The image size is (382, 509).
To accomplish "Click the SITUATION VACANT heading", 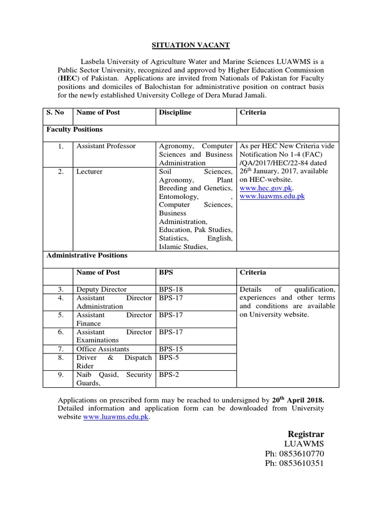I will [x=191, y=45].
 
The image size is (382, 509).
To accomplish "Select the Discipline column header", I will [x=175, y=112].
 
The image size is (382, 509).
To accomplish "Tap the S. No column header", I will [x=55, y=112].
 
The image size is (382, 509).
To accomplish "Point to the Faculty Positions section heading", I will [x=75, y=129].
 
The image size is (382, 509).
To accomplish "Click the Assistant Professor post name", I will [x=105, y=146].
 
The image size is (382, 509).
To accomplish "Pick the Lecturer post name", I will [x=89, y=171].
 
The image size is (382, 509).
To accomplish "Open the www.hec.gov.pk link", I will [x=266, y=188].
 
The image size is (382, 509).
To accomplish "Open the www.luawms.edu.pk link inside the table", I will [x=272, y=197].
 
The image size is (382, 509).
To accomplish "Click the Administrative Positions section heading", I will [x=87, y=255].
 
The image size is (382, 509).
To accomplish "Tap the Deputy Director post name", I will [x=101, y=289].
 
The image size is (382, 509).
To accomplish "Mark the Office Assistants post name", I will [x=102, y=349].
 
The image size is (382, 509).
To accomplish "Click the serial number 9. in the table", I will [x=60, y=375].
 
